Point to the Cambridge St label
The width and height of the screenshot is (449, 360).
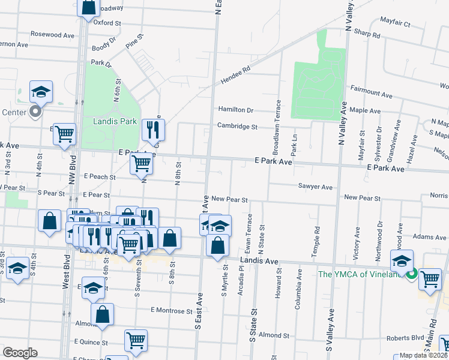(237, 127)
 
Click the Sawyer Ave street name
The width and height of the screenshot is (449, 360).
(315, 187)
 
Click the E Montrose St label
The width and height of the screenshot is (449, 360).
(172, 311)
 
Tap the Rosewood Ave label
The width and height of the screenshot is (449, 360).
(52, 35)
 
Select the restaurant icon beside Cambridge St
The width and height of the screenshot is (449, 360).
(152, 129)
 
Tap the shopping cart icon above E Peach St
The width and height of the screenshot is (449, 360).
(141, 163)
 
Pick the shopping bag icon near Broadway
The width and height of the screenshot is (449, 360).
(89, 7)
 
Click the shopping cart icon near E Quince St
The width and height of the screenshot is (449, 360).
(136, 340)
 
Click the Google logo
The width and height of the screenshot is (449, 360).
(20, 352)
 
